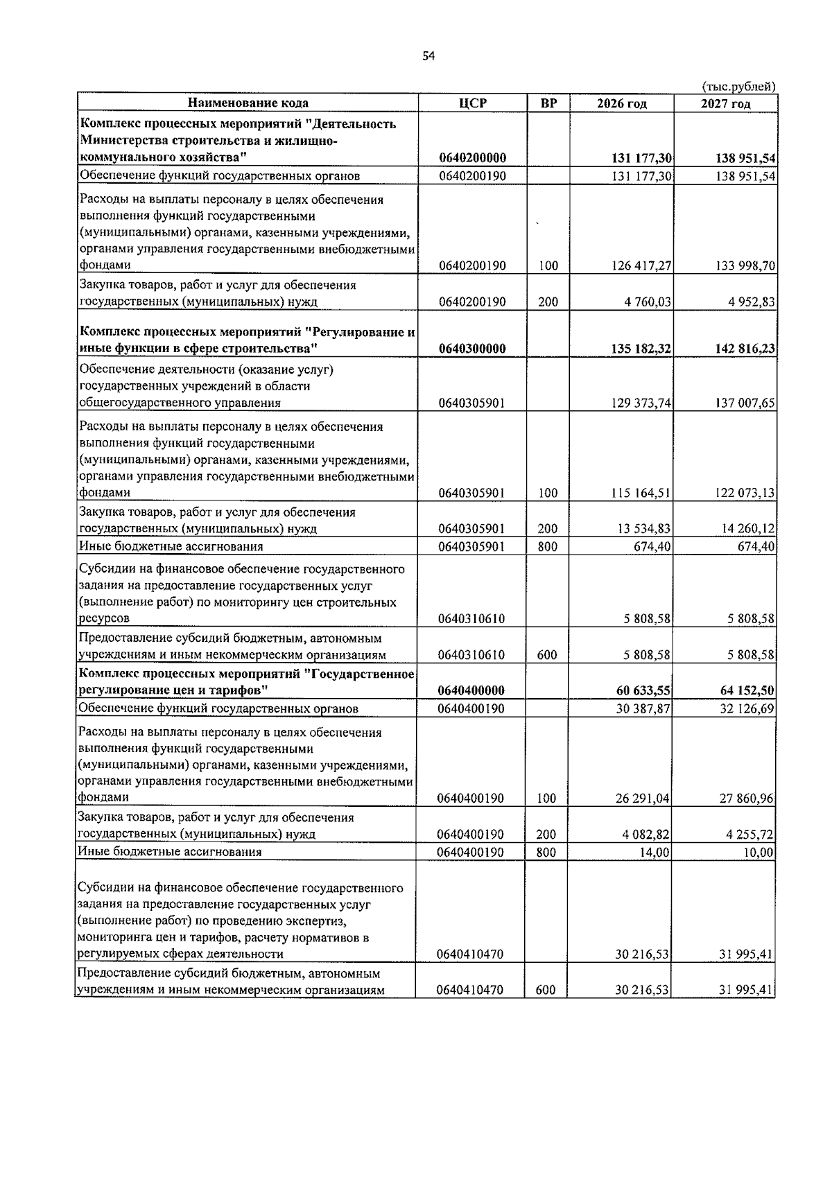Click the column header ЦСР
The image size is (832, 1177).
point(473,103)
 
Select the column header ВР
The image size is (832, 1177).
point(548,103)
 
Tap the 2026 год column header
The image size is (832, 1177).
point(621,104)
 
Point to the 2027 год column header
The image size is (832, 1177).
point(725,104)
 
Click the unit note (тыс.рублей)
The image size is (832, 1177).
point(738,87)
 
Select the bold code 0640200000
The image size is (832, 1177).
point(472,158)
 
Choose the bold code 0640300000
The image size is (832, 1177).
point(472,349)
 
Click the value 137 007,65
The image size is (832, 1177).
point(745,403)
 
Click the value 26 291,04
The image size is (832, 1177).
point(643,799)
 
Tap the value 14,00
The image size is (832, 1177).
point(655,852)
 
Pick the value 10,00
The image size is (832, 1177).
point(759,852)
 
